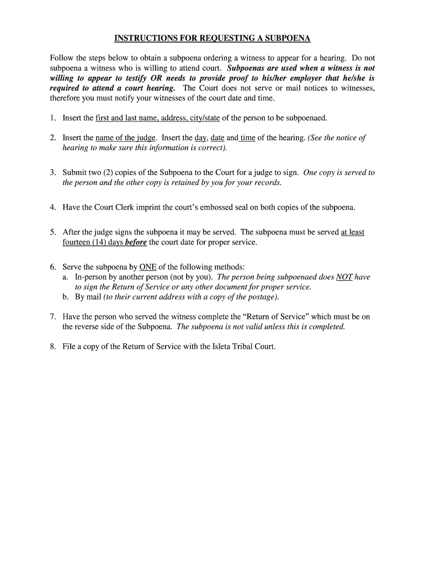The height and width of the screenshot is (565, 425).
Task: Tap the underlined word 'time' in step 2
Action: point(248,137)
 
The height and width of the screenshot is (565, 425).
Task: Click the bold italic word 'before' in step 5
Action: point(136,242)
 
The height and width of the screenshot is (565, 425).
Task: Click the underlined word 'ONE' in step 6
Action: point(148,267)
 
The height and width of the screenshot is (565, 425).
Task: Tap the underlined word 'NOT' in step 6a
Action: point(344,277)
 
